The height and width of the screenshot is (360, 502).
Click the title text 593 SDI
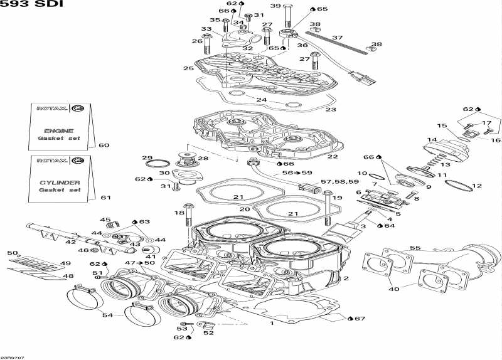(22, 6)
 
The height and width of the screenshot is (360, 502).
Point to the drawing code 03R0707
(13, 356)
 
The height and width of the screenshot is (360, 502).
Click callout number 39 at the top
(275, 6)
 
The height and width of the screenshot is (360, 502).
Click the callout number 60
(104, 146)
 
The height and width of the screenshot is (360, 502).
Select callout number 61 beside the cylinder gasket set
(106, 198)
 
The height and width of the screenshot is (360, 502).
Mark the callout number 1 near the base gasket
(272, 324)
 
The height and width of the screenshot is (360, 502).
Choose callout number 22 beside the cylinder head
(333, 157)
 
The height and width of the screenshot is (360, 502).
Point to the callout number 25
(188, 68)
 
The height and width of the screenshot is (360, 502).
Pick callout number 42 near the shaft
(71, 241)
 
